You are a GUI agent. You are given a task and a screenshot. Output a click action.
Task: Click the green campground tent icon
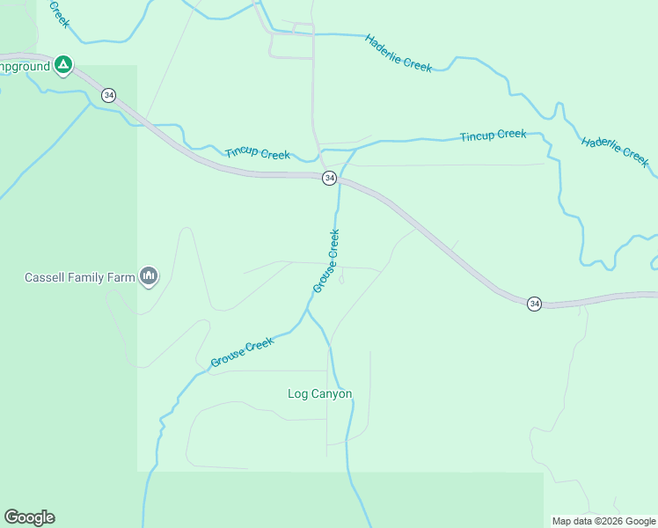(x=62, y=64)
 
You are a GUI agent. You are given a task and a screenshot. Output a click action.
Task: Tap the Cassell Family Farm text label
(x=79, y=277)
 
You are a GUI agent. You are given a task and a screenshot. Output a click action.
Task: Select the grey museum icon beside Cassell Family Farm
(x=149, y=277)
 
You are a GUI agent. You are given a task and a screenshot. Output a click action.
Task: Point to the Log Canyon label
(x=320, y=394)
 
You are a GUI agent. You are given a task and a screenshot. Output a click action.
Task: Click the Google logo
(x=29, y=517)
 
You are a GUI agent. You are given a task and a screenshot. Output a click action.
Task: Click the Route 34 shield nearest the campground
(x=108, y=95)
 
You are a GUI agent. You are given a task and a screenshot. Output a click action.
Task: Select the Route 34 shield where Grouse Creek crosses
(x=329, y=178)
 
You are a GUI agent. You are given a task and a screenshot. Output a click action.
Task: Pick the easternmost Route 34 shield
(x=534, y=304)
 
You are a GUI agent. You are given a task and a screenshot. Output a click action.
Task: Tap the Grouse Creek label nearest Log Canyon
(x=242, y=353)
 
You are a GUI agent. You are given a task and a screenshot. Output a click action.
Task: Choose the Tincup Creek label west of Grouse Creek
(x=257, y=153)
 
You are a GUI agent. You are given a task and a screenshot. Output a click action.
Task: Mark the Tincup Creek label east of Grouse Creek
(x=493, y=135)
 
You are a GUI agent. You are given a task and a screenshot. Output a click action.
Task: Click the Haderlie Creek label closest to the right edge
(x=615, y=151)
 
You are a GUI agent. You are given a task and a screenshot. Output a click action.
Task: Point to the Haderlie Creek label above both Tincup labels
(x=398, y=53)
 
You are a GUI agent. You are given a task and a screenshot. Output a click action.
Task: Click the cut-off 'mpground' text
(x=24, y=65)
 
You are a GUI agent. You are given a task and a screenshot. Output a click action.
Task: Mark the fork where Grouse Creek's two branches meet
(x=307, y=310)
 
